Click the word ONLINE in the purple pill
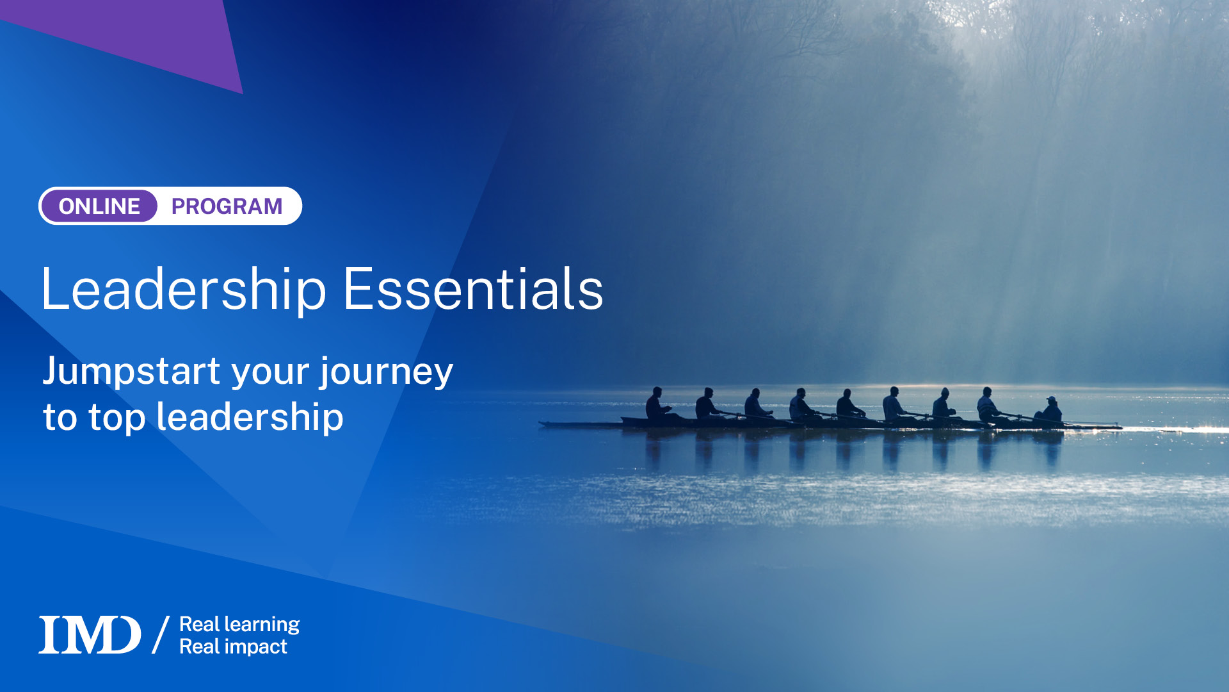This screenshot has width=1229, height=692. [99, 206]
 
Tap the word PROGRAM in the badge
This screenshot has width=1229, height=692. [227, 206]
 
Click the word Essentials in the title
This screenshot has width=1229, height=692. [473, 290]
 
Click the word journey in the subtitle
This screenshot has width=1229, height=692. [387, 372]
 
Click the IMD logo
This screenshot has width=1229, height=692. [90, 635]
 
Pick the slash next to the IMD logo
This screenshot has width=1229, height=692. [161, 635]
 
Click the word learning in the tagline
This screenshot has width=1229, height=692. [261, 625]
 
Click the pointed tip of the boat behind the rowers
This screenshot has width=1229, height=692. [543, 423]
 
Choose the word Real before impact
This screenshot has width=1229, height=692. [200, 647]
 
